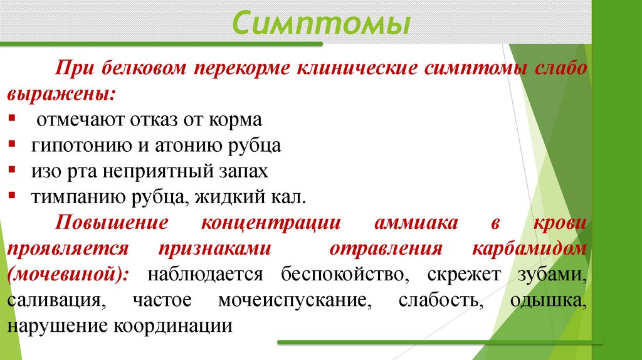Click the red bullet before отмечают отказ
tap(13, 119)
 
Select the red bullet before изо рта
tap(13, 170)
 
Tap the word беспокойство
tap(342, 273)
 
